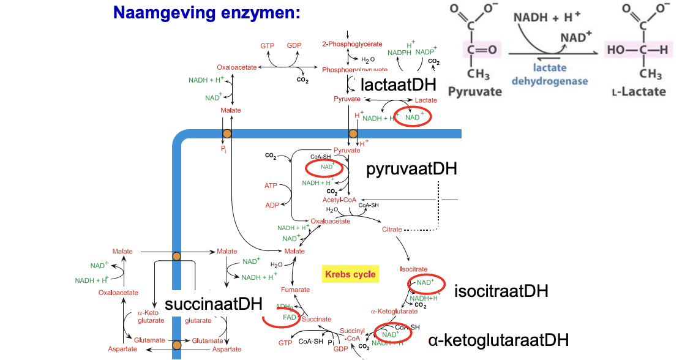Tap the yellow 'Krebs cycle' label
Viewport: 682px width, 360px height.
350,274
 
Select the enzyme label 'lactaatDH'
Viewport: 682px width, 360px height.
398,84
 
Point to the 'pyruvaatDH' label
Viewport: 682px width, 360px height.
411,169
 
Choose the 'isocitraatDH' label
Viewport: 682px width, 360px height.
501,290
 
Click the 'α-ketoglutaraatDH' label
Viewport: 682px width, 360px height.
498,340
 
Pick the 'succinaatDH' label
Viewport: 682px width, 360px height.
213,304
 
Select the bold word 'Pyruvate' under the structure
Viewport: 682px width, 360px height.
475,92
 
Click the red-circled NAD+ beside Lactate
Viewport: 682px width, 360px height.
413,117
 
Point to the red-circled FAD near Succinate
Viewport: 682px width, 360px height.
289,318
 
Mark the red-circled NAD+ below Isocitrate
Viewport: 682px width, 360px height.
425,282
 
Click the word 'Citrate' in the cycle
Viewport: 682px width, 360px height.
392,230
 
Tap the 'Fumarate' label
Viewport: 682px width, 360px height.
296,290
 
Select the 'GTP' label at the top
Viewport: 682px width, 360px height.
267,46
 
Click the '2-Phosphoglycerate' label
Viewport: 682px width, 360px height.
352,44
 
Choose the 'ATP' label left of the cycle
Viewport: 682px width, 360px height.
271,185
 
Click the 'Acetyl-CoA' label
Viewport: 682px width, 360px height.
339,200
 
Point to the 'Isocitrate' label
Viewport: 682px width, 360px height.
413,269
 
